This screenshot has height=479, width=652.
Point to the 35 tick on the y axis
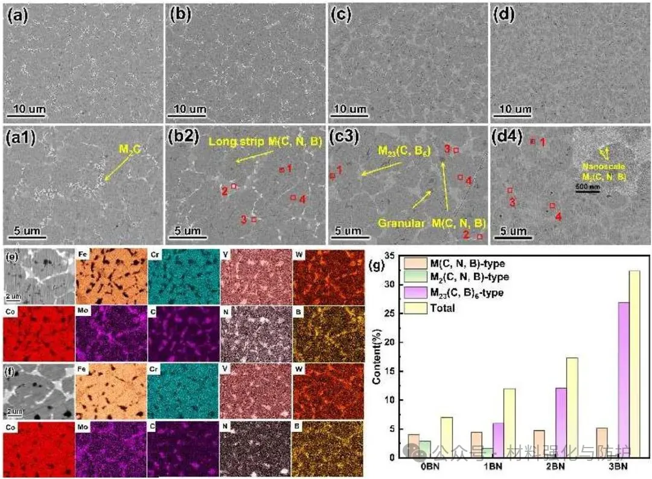tap(392, 256)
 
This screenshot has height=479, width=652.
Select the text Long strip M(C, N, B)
tap(266, 142)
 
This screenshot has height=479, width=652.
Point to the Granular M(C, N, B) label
tap(432, 223)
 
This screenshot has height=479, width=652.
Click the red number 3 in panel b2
tap(244, 220)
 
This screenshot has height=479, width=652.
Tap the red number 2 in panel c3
tap(465, 234)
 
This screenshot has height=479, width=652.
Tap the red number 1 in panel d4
tap(543, 143)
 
